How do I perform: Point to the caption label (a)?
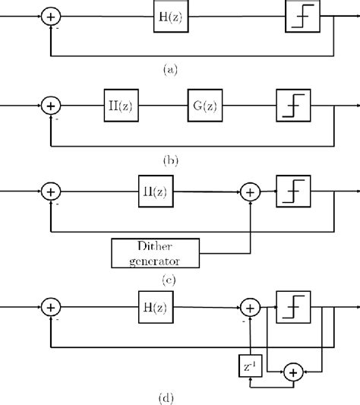170,69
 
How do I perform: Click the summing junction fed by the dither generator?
250,195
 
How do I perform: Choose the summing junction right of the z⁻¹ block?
292,372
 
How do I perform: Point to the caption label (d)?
170,396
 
